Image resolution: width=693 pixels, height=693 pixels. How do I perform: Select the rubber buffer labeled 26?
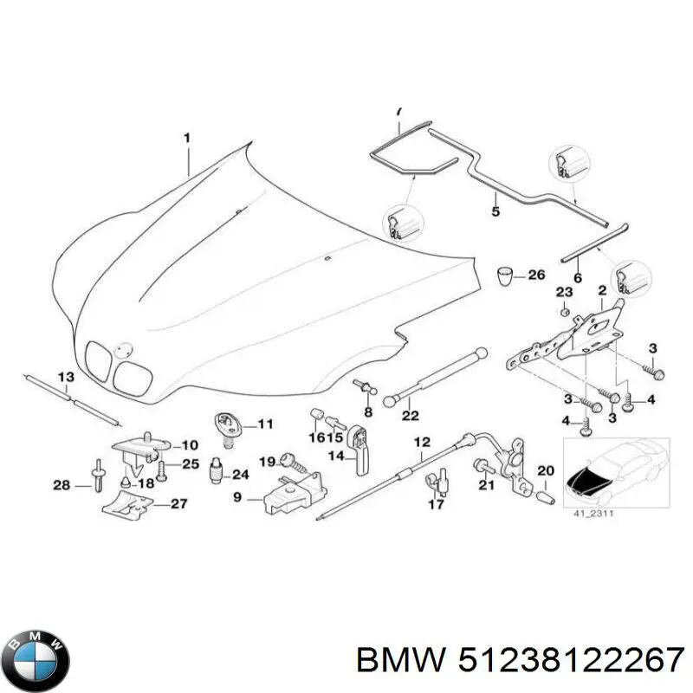pyautogui.click(x=506, y=277)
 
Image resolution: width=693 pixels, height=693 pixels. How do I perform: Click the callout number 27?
pyautogui.click(x=178, y=502)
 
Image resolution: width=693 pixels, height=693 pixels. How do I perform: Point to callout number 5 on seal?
pyautogui.click(x=495, y=210)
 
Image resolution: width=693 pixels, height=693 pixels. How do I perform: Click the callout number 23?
pyautogui.click(x=564, y=290)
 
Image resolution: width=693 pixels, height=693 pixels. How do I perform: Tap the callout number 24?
pyautogui.click(x=239, y=474)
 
